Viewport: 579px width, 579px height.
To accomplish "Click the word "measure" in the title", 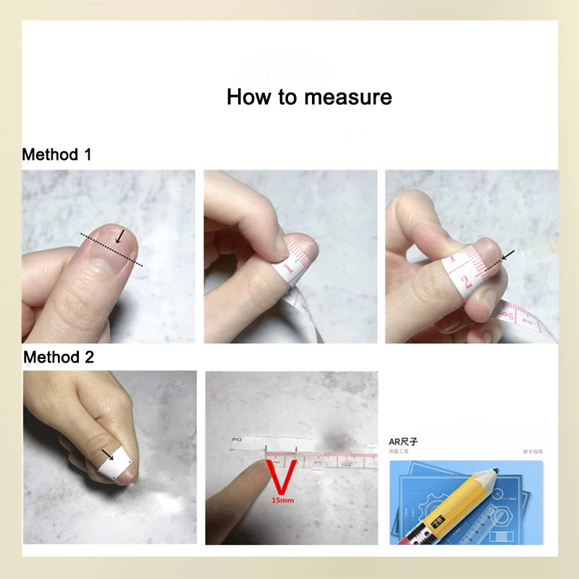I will (349, 97).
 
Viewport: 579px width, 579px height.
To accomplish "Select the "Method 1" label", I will (56, 154).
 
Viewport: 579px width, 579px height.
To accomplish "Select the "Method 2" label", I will (58, 357).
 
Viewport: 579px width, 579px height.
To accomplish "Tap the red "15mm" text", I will (280, 499).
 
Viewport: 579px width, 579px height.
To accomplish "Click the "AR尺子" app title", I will (404, 441).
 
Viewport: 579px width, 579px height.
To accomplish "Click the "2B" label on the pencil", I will (436, 522).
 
